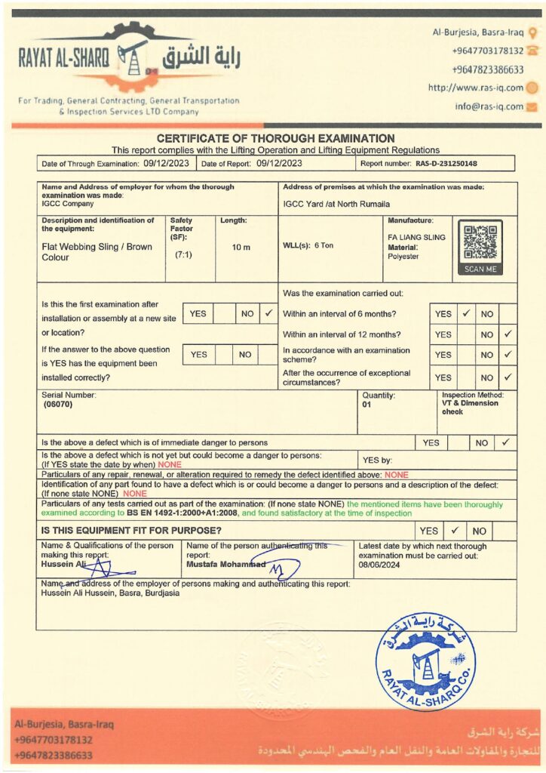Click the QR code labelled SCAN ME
point(480,244)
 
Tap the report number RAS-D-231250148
point(446,163)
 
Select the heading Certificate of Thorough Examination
point(275,138)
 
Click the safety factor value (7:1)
point(182,255)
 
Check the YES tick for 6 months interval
point(466,313)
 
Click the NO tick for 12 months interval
point(508,334)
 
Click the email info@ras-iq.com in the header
point(489,106)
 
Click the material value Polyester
point(403,257)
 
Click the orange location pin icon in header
point(532,32)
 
